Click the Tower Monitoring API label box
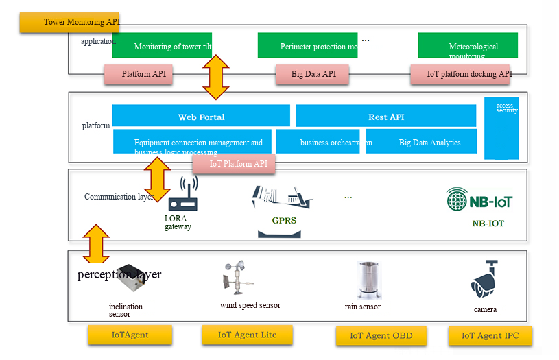coord(70,22)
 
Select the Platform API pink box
coord(139,74)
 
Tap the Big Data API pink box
coord(313,74)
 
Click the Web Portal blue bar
coord(201,116)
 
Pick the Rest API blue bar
coord(386,116)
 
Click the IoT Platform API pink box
coord(234,164)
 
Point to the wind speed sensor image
coord(235,278)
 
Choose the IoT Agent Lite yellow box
coord(248,335)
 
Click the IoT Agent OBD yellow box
coord(381,336)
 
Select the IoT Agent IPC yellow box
coord(490,336)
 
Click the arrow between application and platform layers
coord(215,77)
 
